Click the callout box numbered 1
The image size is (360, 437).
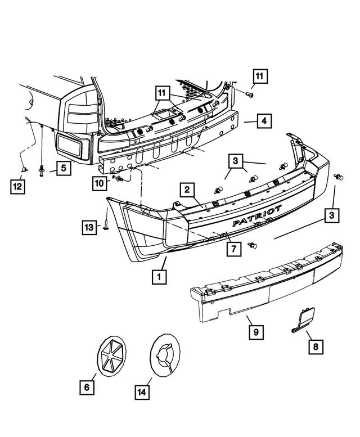pyautogui.click(x=160, y=276)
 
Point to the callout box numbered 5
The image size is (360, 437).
pyautogui.click(x=63, y=167)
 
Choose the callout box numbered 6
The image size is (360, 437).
pyautogui.click(x=87, y=386)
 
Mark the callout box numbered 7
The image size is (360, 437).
pyautogui.click(x=231, y=247)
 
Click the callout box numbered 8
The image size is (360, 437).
pyautogui.click(x=316, y=347)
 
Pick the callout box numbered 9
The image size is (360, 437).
pyautogui.click(x=255, y=332)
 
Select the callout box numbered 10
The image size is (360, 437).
pyautogui.click(x=99, y=183)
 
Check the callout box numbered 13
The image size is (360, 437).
pyautogui.click(x=89, y=227)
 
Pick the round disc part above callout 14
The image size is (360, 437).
pyautogui.click(x=165, y=354)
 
